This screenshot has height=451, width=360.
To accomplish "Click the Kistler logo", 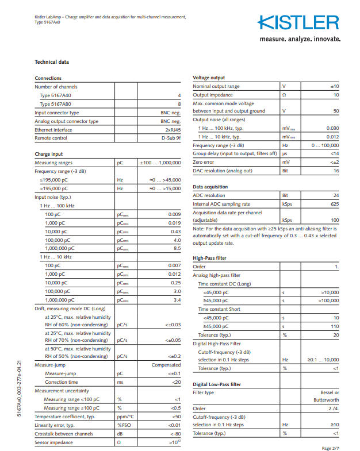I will point(298,23).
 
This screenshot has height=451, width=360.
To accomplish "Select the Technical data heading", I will point(52,62).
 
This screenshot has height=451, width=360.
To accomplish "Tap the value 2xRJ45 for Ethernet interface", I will point(173,130).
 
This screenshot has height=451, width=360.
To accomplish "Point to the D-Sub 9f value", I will point(171,138).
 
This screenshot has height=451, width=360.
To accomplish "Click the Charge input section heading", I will point(49,154).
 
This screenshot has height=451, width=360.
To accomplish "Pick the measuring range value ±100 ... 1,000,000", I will point(160,163).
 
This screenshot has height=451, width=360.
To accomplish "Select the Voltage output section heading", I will point(209,78).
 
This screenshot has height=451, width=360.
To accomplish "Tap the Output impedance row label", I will point(213,95).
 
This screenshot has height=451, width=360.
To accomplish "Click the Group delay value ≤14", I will point(334,154).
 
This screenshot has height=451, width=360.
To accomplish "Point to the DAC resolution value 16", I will point(336,171).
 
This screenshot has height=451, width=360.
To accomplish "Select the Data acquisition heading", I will point(210,187).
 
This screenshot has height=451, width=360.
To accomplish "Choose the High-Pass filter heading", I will point(209,258).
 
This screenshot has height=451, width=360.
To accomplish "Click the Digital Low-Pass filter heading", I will point(217,384).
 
